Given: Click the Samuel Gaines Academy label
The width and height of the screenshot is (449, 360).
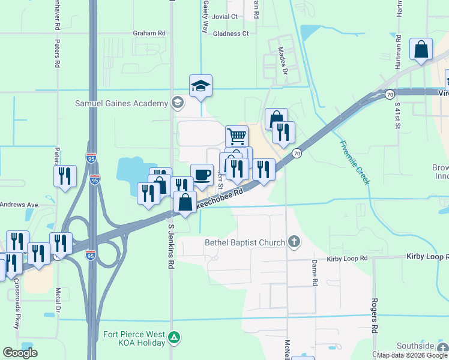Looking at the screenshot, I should point(121,103).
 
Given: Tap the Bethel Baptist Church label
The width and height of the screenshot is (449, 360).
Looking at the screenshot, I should point(244,242).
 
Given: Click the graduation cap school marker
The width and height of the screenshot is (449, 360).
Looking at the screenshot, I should point(201,86).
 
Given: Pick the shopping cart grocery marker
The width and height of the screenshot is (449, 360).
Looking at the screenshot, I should point(237,136).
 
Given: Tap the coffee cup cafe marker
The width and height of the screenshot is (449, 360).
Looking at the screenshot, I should point(202,175).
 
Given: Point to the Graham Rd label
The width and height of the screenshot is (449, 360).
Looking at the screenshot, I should point(149,34).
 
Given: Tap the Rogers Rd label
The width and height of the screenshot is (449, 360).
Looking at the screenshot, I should point(374,316).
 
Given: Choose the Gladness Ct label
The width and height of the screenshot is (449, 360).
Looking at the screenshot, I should point(231,34).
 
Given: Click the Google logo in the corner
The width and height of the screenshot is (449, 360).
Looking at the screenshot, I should point(20,353).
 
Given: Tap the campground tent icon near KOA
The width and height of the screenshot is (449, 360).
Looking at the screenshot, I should point(174,337).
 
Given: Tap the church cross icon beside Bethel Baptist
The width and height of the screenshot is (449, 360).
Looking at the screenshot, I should point(294,242).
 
